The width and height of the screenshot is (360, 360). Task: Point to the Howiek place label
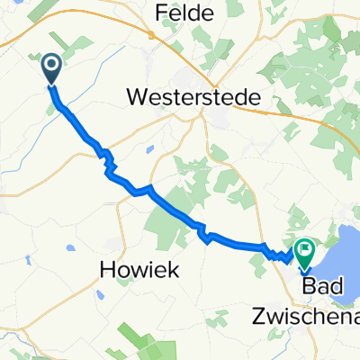[x=137, y=270]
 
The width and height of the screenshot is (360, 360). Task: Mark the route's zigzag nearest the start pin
[x=108, y=162]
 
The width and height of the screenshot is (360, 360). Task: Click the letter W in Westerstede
[x=139, y=95]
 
